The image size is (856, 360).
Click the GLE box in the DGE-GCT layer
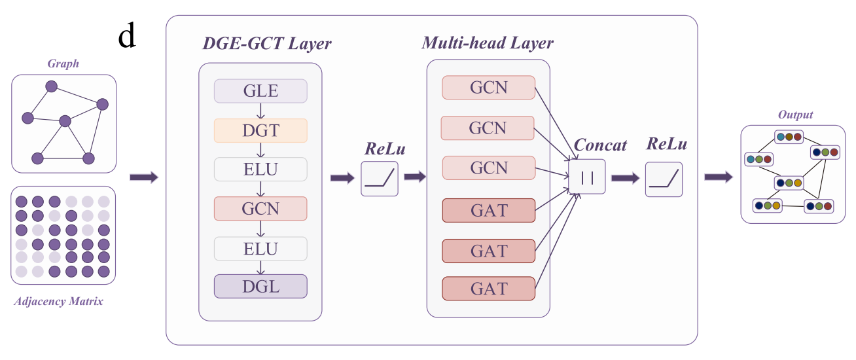(260, 91)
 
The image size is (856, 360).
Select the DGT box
(260, 130)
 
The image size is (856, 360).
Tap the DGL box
(260, 287)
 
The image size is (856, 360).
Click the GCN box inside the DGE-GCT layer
(260, 209)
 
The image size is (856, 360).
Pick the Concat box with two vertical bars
(587, 176)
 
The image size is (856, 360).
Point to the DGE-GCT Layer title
(266, 45)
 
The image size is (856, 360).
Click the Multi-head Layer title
(488, 44)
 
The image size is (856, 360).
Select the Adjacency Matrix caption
(58, 302)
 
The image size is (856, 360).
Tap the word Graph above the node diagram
(63, 63)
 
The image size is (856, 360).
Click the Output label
(795, 115)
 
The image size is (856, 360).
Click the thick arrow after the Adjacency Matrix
(144, 177)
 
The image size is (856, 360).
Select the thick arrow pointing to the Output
(719, 177)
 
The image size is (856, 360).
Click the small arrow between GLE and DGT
(260, 111)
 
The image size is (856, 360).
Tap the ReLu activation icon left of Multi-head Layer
(380, 179)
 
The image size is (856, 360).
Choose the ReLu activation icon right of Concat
(664, 179)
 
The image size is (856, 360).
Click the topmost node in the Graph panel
(51, 86)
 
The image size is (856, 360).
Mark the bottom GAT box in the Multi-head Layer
(489, 289)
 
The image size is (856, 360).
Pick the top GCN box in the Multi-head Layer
(488, 88)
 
